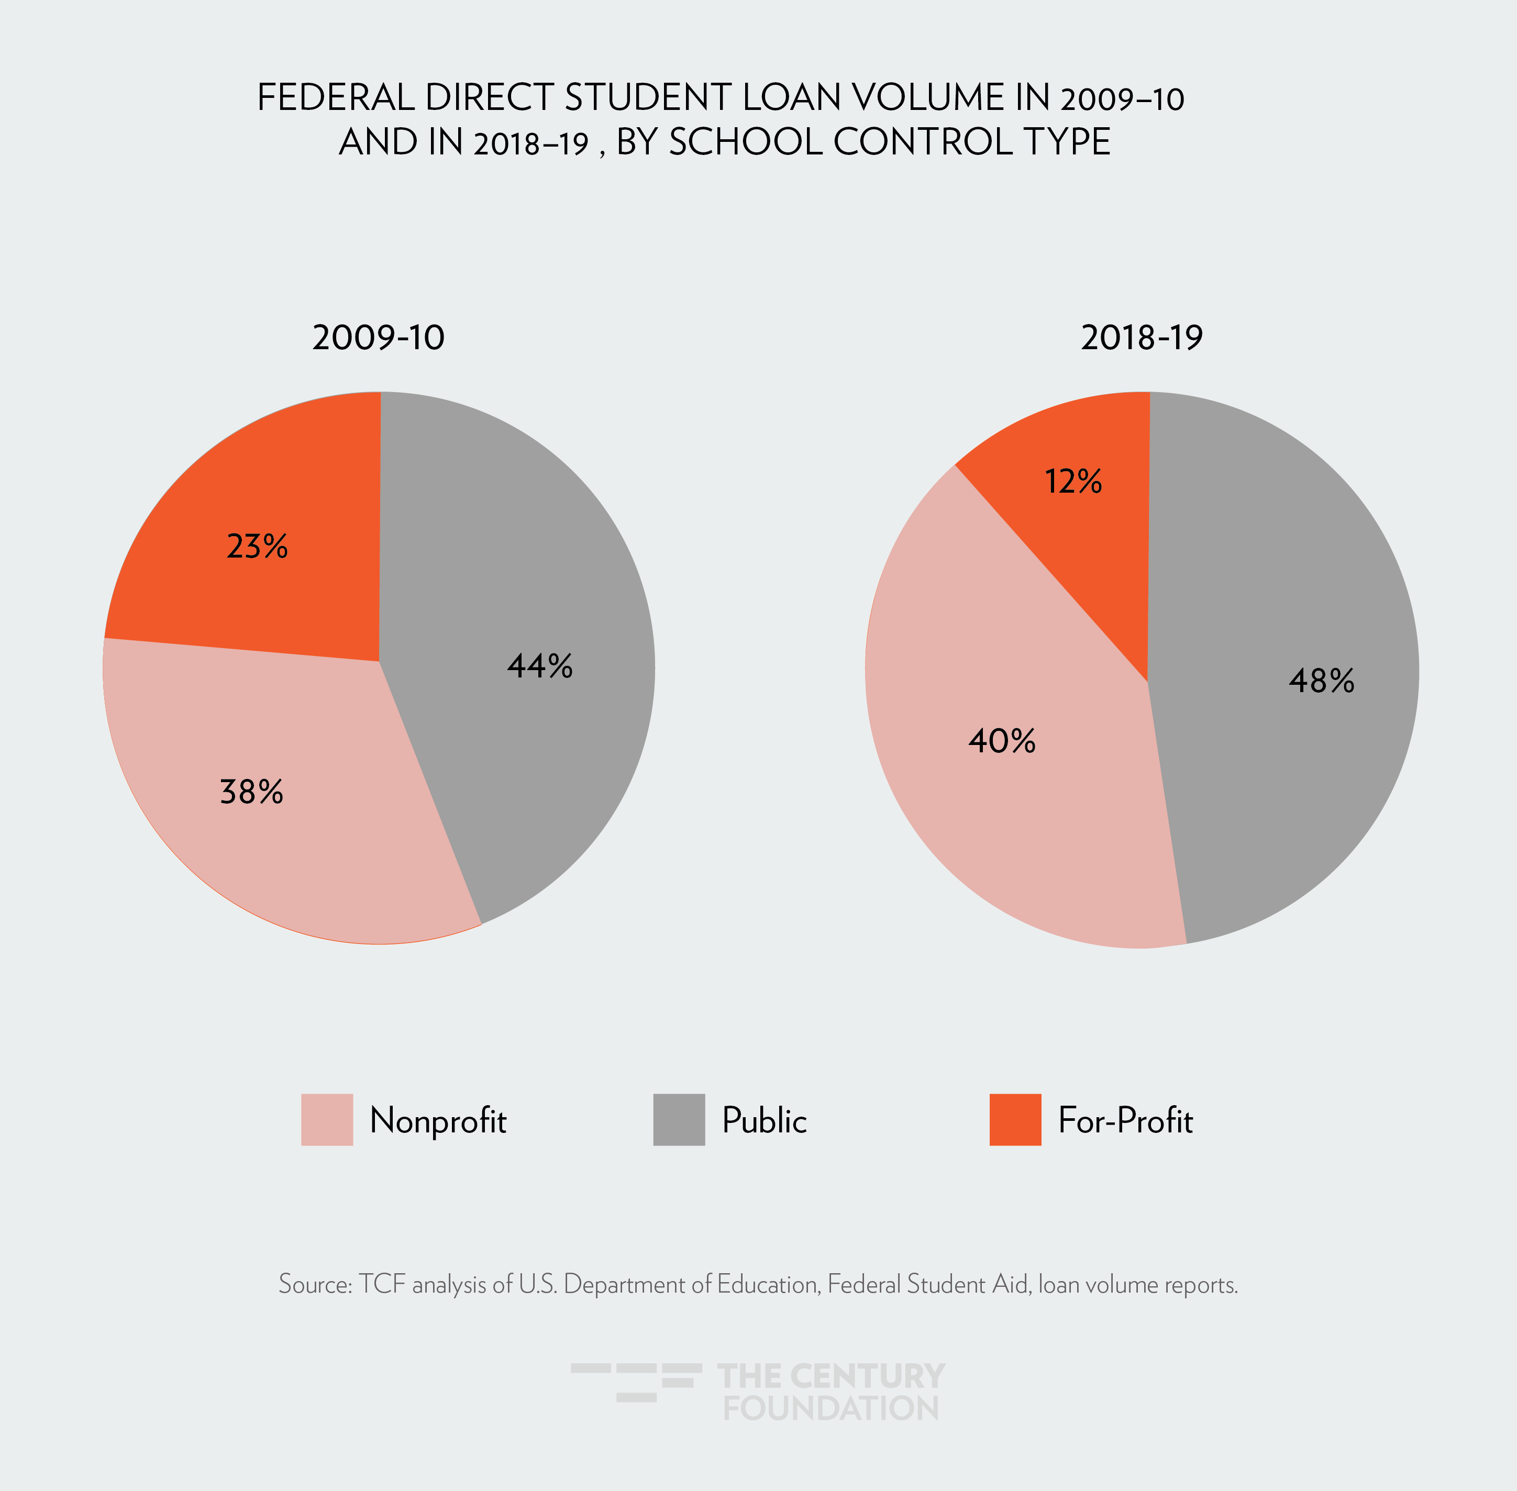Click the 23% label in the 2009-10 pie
pyautogui.click(x=257, y=546)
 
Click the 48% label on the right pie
pyautogui.click(x=1321, y=681)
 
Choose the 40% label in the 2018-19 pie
pyautogui.click(x=1002, y=740)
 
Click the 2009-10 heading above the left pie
pyautogui.click(x=378, y=338)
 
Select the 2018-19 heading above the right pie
pyautogui.click(x=1141, y=338)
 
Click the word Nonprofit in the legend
pyautogui.click(x=438, y=1120)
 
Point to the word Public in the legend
pyautogui.click(x=763, y=1120)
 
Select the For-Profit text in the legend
pyautogui.click(x=1125, y=1120)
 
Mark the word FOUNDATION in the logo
pyautogui.click(x=830, y=1408)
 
